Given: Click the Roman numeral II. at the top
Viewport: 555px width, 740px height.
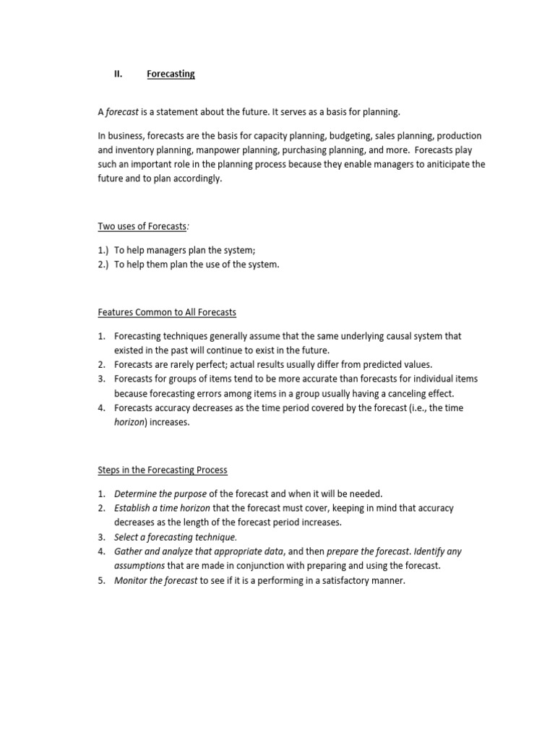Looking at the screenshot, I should coord(119,74).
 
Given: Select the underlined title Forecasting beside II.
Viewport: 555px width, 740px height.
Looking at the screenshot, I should coord(171,74).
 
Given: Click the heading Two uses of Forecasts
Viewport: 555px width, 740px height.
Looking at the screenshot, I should coord(143,226).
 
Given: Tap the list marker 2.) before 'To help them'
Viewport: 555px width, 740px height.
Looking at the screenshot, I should coord(105,264).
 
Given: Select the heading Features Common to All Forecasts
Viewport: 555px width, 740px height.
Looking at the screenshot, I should coord(167,312).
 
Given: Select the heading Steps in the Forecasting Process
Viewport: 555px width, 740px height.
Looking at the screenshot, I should coord(163,470).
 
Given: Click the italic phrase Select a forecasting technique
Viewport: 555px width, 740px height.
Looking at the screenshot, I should coord(175,537).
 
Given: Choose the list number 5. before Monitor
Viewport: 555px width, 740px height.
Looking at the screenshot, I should coord(102,580).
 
